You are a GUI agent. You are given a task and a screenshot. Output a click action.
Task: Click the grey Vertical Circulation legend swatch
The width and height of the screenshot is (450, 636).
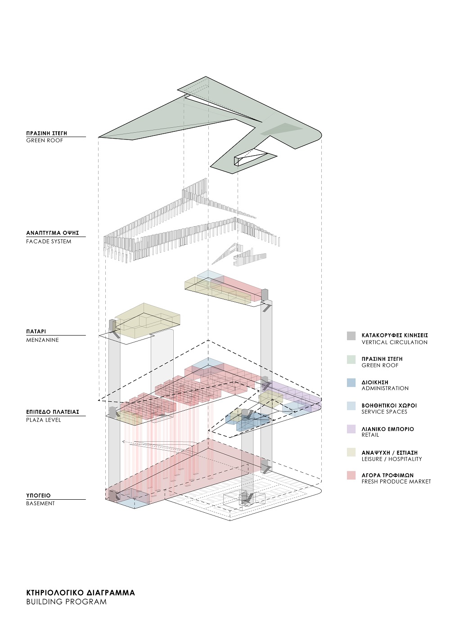[351, 336]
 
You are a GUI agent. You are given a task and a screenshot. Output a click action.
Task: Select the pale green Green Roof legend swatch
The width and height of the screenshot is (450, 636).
[351, 359]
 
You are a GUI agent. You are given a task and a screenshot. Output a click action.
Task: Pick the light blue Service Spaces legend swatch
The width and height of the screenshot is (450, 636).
[351, 406]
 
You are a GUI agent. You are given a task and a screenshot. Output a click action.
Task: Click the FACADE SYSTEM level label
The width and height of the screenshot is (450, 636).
[49, 242]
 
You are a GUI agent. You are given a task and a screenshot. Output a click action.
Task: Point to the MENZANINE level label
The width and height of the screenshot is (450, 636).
[42, 340]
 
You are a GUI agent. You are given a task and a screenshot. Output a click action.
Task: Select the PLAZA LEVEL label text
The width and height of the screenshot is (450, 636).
[44, 420]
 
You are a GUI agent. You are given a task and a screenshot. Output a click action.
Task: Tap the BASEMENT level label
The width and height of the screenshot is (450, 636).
[40, 503]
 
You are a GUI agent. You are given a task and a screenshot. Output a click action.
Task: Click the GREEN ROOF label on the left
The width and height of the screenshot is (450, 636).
[45, 140]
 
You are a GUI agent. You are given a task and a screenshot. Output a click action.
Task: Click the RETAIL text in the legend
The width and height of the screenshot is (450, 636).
[370, 434]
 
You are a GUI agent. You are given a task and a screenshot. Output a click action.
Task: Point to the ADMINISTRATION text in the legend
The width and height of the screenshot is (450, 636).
[385, 388]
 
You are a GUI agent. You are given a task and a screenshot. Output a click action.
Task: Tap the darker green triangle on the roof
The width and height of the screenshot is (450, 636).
[281, 129]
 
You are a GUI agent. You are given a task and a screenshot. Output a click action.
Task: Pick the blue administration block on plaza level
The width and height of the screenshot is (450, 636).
[248, 421]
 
